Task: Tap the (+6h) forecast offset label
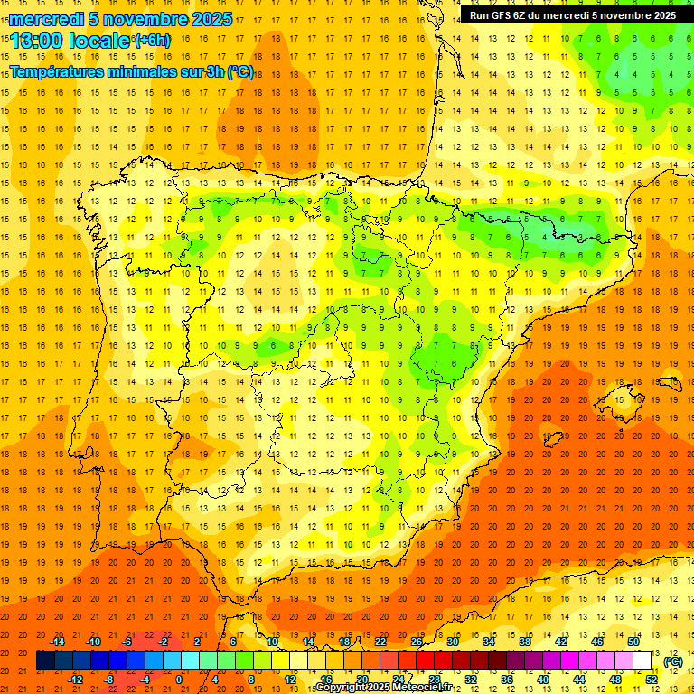pos(151,40)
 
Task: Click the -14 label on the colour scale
pos(57,642)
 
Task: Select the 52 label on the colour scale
pos(652,680)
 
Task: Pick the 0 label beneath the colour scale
pos(179,680)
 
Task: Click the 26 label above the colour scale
pos(416,642)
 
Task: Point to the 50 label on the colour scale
pos(633,642)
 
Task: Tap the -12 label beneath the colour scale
pos(75,680)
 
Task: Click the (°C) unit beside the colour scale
pos(673,661)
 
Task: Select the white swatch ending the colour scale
pos(642,661)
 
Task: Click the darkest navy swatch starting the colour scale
pos(45,661)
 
